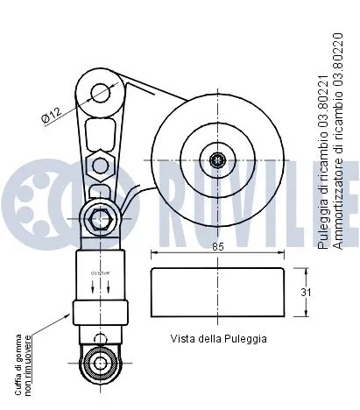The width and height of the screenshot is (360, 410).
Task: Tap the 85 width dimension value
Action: (217, 246)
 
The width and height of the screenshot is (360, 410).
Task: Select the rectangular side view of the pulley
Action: (216, 293)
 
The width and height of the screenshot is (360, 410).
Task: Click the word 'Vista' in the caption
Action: (182, 337)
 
